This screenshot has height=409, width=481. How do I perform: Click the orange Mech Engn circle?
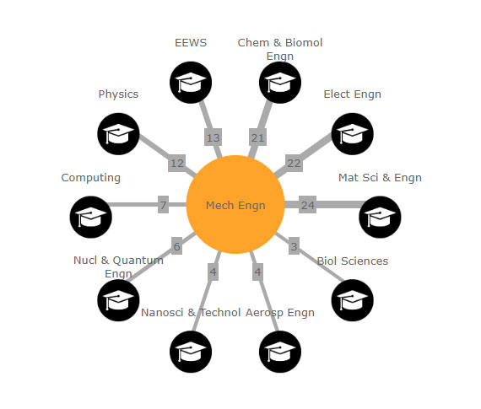click(x=235, y=204)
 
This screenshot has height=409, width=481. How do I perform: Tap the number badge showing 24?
click(x=307, y=205)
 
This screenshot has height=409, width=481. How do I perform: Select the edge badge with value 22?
click(x=294, y=163)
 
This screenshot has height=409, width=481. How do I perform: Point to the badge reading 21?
click(x=257, y=137)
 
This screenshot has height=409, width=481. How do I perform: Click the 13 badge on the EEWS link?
click(x=213, y=137)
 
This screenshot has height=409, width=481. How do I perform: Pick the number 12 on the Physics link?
click(x=177, y=163)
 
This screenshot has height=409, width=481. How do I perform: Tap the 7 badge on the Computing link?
click(x=163, y=205)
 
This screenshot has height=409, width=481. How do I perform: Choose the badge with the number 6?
click(x=176, y=246)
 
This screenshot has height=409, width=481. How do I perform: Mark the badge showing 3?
click(x=294, y=246)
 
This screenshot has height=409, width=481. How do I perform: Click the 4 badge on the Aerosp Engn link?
click(x=257, y=272)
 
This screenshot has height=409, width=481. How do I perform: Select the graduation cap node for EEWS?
click(x=191, y=83)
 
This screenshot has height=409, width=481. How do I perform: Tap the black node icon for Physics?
click(x=118, y=134)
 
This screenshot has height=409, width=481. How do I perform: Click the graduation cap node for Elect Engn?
click(x=353, y=134)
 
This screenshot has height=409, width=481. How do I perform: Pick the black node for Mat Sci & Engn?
click(x=380, y=217)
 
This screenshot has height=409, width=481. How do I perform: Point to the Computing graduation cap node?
click(x=91, y=217)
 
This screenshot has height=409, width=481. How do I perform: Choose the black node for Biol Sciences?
click(x=353, y=300)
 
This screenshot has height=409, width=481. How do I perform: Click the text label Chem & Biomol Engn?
click(x=280, y=50)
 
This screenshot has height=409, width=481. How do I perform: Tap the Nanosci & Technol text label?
click(x=191, y=312)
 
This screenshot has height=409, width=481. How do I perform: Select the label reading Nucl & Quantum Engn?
click(x=118, y=266)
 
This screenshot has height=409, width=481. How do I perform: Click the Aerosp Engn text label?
click(x=280, y=313)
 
